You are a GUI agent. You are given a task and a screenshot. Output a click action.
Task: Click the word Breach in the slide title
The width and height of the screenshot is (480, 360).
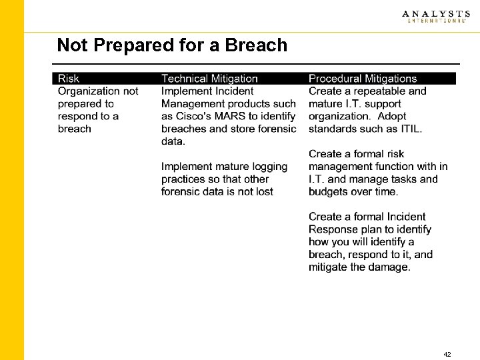click(256, 45)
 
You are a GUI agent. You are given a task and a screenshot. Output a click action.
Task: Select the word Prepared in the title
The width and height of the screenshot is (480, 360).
click(122, 45)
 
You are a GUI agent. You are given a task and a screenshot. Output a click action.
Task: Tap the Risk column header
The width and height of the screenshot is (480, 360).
click(69, 79)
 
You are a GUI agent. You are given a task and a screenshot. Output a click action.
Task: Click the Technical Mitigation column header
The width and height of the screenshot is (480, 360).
click(209, 79)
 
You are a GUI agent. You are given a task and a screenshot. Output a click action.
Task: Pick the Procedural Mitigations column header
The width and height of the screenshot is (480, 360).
click(362, 79)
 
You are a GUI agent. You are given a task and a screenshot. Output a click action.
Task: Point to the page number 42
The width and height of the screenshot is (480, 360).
click(447, 355)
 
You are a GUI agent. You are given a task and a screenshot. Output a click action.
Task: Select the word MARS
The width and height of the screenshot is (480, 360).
click(231, 116)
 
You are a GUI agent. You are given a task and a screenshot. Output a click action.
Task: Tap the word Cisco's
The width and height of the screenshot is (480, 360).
click(194, 116)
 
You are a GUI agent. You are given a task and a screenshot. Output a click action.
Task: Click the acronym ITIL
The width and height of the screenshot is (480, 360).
click(409, 129)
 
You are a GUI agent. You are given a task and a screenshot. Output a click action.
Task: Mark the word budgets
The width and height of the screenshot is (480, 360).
click(331, 192)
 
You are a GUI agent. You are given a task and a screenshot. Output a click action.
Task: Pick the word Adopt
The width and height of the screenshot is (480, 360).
click(407, 116)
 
